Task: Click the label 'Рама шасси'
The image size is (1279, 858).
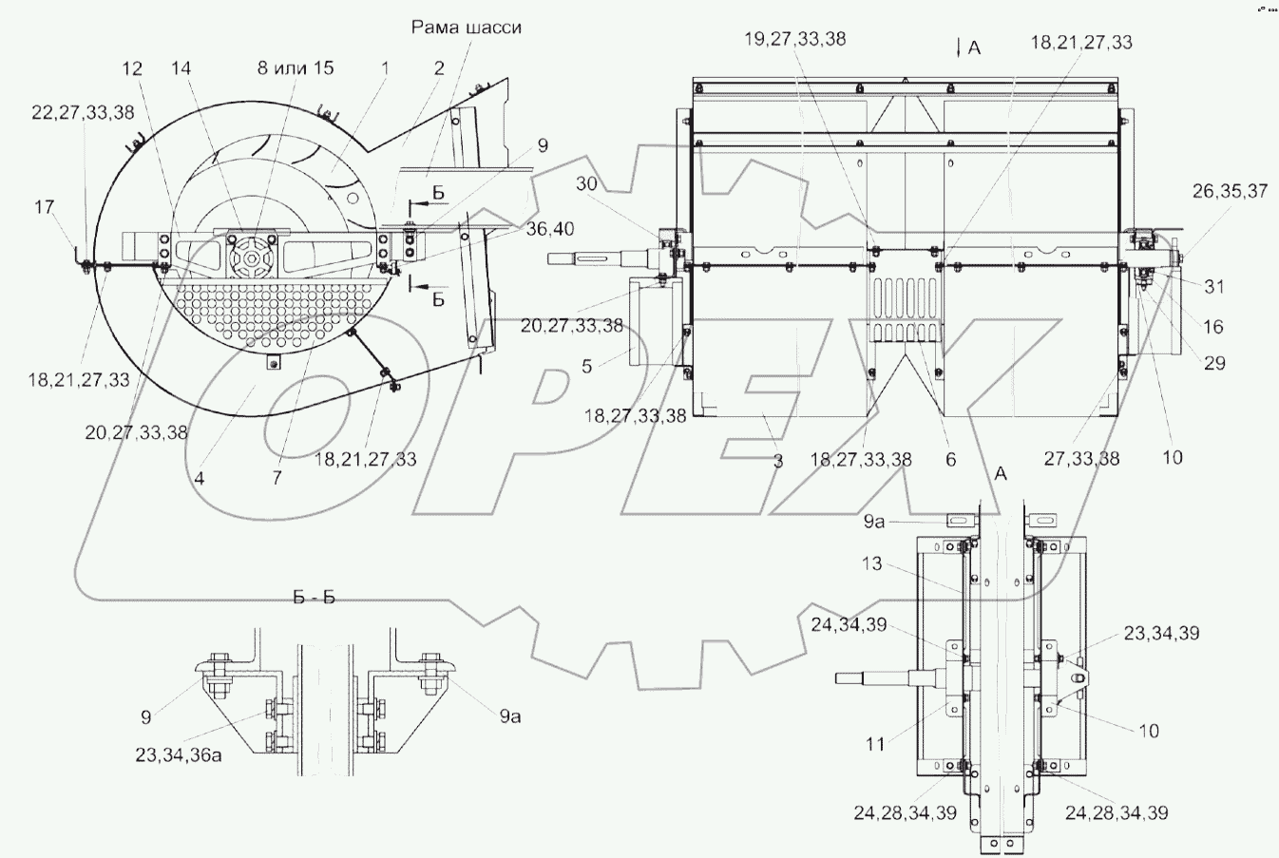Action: [466, 28]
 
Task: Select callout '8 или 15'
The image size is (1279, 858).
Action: [295, 68]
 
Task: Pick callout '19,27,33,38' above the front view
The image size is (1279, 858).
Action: [795, 40]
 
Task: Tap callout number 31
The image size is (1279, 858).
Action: [1212, 287]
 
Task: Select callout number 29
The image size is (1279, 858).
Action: [1213, 363]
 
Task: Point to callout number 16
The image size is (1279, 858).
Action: [1212, 327]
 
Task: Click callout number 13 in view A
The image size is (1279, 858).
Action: [871, 564]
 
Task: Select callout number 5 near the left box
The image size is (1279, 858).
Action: [586, 365]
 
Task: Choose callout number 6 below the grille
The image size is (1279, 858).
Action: [950, 460]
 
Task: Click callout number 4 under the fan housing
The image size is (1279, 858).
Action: [200, 479]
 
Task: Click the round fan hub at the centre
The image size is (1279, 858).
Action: [253, 257]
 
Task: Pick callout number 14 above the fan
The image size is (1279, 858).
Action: [181, 68]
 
